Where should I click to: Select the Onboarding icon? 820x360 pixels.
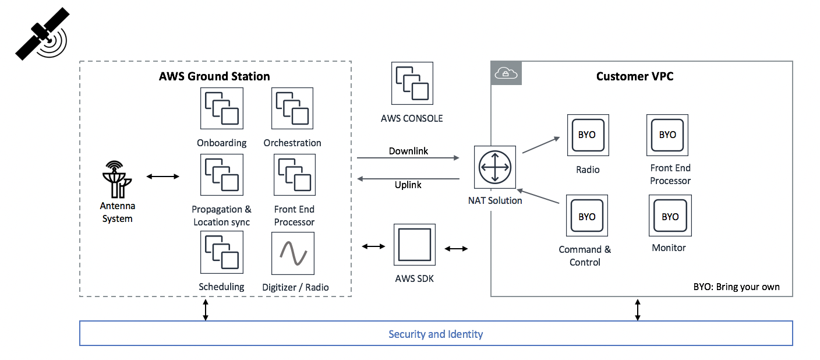tap(221, 108)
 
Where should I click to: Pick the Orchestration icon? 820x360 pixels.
tap(292, 108)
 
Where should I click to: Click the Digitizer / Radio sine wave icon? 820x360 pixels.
tap(292, 253)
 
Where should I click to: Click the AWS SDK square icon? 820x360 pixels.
tap(414, 247)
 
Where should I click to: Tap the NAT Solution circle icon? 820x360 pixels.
tap(494, 167)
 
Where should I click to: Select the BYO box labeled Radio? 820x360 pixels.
tap(588, 135)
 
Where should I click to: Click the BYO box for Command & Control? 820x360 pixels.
tap(587, 216)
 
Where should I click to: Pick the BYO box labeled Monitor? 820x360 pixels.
tap(670, 216)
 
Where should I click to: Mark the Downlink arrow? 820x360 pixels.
tap(408, 158)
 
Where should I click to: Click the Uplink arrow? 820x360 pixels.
tap(408, 179)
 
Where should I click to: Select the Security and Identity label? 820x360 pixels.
tap(436, 334)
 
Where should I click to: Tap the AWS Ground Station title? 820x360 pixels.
tap(214, 76)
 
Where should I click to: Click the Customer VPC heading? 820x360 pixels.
tap(635, 76)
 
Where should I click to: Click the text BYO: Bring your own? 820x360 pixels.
tap(736, 287)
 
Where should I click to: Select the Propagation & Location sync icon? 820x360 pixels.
tap(221, 175)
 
